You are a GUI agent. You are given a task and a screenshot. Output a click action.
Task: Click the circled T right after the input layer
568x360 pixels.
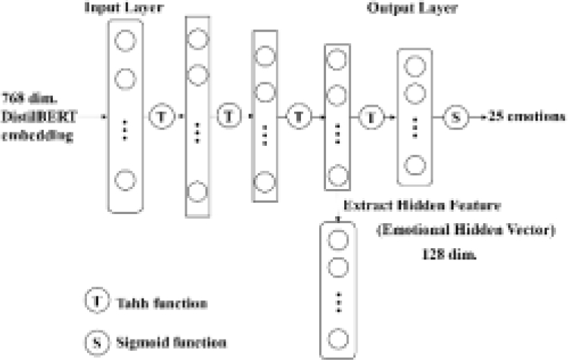(161, 117)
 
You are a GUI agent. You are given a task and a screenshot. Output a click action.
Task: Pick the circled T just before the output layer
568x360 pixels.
(371, 117)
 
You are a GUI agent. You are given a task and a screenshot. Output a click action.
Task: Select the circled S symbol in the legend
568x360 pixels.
(97, 341)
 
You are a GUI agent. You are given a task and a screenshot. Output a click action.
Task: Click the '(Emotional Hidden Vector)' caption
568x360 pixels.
(465, 231)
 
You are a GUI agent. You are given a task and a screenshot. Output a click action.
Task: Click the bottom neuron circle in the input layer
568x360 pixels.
(124, 179)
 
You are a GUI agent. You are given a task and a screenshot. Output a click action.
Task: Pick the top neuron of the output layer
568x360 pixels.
(414, 67)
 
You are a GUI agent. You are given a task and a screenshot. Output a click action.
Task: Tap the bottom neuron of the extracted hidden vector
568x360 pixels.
(338, 337)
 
